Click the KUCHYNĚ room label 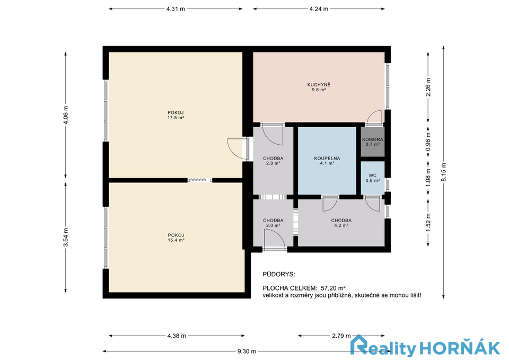coord(319,87)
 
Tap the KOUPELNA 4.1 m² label coord(327,161)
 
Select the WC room coord(373,178)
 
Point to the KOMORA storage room coord(373,142)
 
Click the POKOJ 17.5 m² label coord(175,115)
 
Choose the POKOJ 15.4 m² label coord(176,238)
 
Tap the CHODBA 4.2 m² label coord(341,223)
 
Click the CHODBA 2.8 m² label coord(273,161)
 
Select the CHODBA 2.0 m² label coord(273,223)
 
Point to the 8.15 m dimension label coord(443,172)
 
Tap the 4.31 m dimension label coord(175,9)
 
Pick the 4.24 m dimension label coord(319,9)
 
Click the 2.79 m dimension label coord(341,336)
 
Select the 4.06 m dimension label coord(66,115)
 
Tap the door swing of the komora coord(374,118)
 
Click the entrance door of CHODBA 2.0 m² coord(274,240)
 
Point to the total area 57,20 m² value coord(333,288)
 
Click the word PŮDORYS coord(279,274)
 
